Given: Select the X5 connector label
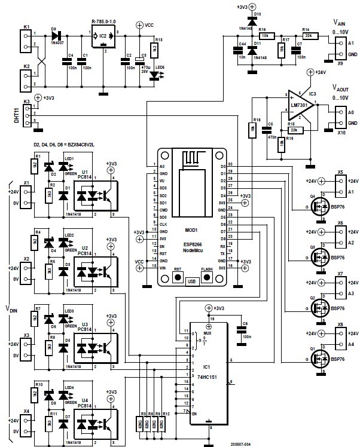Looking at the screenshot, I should tap(340, 172).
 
